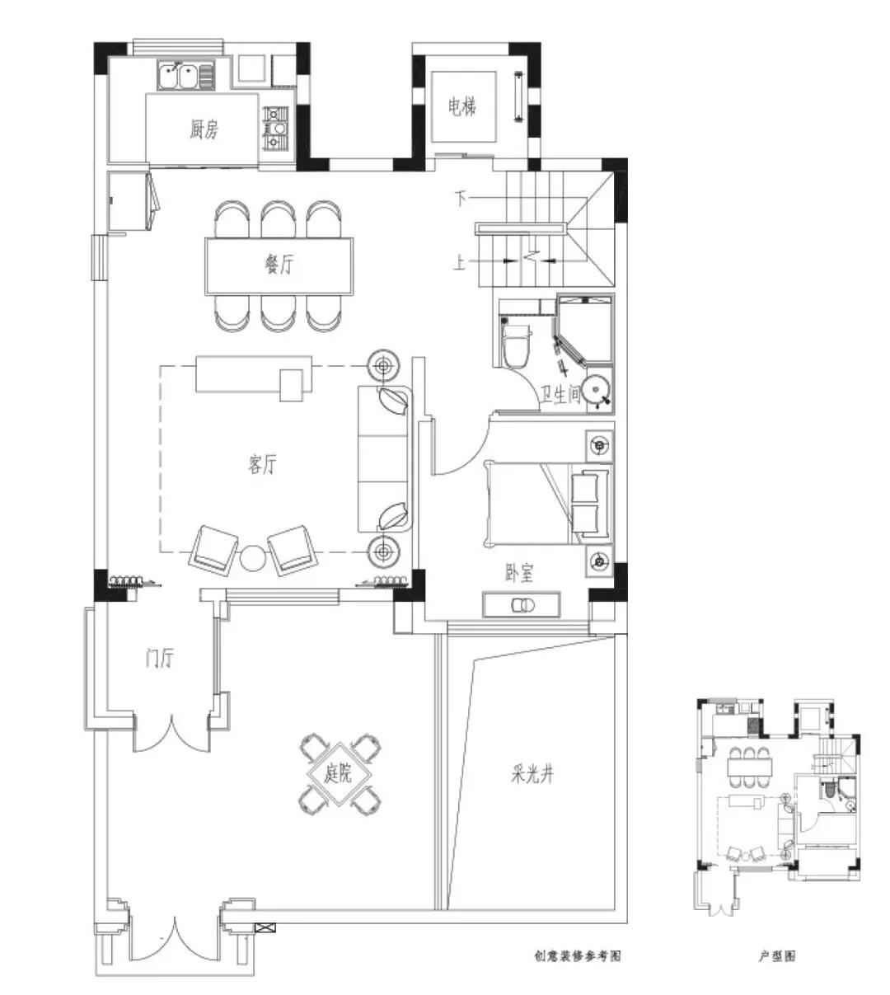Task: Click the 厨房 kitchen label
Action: click(x=204, y=129)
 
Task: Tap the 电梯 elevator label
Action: click(x=462, y=106)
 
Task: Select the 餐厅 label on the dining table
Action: click(x=279, y=265)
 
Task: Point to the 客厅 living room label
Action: click(x=262, y=464)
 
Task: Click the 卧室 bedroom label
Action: click(x=519, y=573)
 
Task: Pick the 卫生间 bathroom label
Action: click(x=561, y=394)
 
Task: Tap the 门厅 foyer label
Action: click(x=160, y=658)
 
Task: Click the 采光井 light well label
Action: click(x=533, y=775)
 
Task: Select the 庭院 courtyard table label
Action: click(x=338, y=775)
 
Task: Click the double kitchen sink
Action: click(x=186, y=76)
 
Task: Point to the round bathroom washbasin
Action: click(x=597, y=389)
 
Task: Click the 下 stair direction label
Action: click(x=461, y=199)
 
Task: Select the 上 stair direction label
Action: click(x=459, y=263)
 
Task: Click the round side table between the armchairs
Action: click(x=253, y=558)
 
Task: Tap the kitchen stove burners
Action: click(x=275, y=128)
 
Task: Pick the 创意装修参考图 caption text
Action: click(x=578, y=956)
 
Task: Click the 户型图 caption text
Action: click(x=777, y=956)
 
